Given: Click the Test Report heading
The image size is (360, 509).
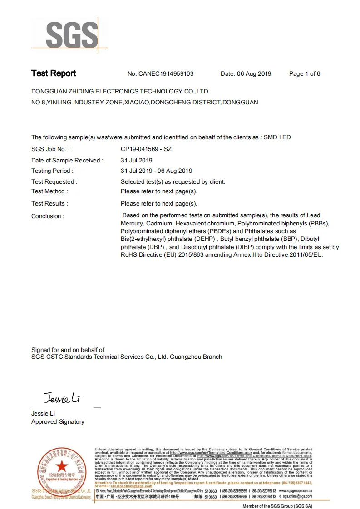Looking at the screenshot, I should [54, 73].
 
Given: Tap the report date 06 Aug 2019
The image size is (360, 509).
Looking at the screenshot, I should [254, 74].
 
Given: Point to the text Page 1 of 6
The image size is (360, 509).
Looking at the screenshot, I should [305, 74].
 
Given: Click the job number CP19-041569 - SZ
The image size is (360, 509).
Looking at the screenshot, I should [146, 149].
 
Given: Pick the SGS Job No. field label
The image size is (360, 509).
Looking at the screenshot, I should [50, 149].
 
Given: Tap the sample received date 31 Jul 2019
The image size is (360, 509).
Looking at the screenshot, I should [137, 160].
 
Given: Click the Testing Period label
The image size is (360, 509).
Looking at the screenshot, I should [52, 171].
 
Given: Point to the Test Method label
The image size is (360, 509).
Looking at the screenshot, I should [49, 191].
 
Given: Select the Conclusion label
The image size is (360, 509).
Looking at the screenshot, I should [48, 216].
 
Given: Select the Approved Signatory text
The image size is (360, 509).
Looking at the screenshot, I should [58, 422].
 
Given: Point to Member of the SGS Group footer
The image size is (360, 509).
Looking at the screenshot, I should [277, 506].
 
